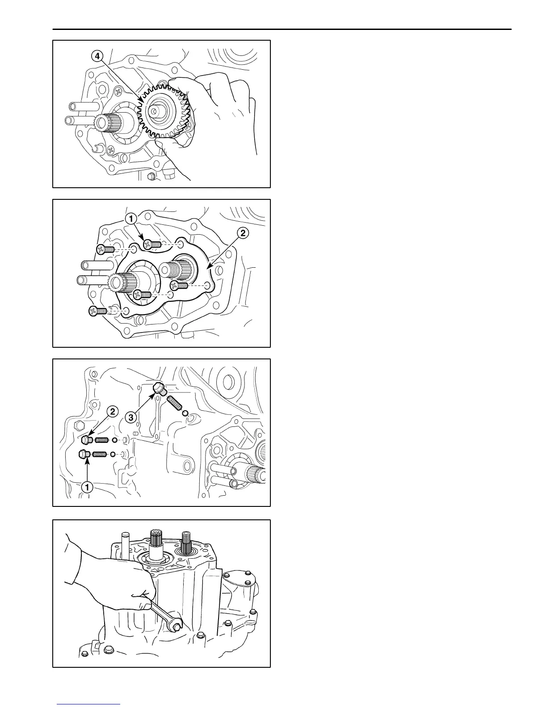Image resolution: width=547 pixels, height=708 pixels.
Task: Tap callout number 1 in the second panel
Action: pyautogui.click(x=130, y=219)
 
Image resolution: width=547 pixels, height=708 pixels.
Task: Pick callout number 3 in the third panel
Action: pyautogui.click(x=130, y=417)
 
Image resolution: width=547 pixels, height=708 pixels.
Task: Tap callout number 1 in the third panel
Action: pyautogui.click(x=88, y=486)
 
